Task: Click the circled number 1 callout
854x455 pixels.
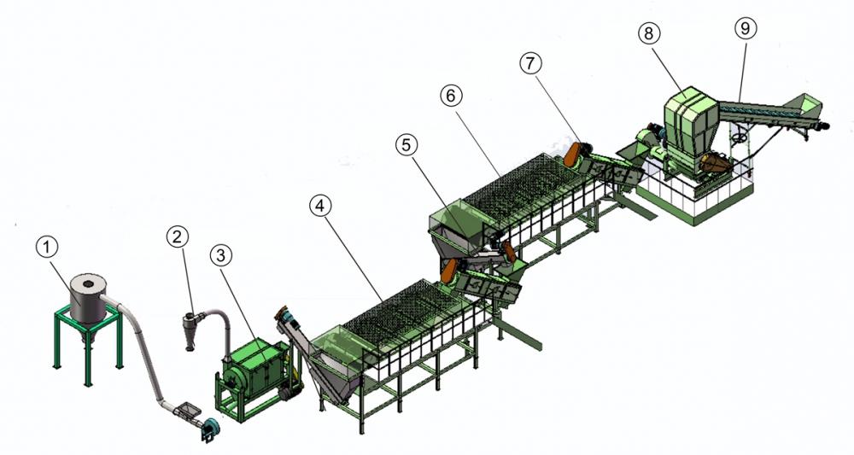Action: pos(47,247)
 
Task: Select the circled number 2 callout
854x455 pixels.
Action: pos(177,236)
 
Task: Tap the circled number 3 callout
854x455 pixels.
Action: pos(220,254)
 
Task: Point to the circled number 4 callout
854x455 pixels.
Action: pos(320,206)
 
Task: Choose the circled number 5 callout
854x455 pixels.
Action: pos(407,144)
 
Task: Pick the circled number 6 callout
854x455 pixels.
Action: pos(451,96)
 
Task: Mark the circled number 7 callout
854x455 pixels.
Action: pos(531,63)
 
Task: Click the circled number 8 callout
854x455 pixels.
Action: pos(649,33)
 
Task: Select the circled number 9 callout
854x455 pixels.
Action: pos(746,27)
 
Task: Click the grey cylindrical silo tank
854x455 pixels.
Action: pos(89,300)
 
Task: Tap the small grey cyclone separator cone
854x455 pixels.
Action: pos(190,330)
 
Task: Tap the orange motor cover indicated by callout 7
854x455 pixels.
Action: pos(574,154)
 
